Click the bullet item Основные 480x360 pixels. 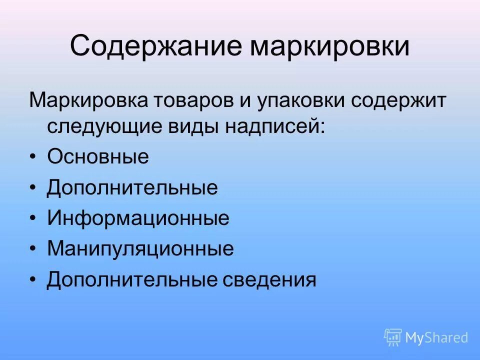pos(98,157)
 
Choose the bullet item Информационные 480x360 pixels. pos(138,218)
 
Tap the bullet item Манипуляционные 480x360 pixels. pos(140,249)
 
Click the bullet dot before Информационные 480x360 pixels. pos(33,219)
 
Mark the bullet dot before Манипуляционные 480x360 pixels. pos(33,249)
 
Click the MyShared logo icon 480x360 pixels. pos(393,337)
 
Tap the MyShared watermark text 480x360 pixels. pos(436,338)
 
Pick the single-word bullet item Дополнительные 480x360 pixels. pos(132,188)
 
